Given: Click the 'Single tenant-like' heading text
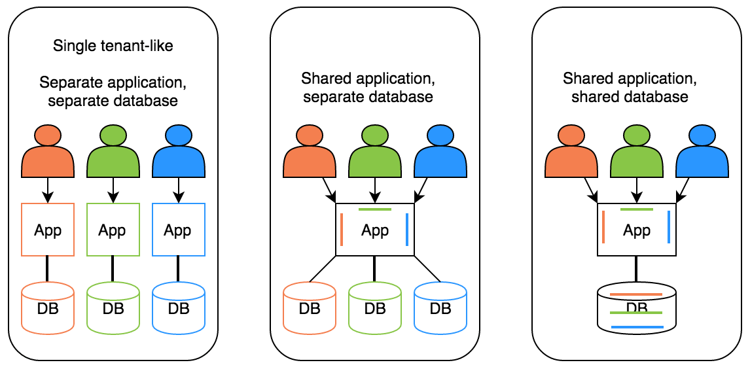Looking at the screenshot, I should [113, 46].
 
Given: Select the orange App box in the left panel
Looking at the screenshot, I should [48, 230].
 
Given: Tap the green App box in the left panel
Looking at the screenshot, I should [113, 230].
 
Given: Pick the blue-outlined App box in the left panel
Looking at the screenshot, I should [178, 230].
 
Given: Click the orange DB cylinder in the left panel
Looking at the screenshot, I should [48, 307].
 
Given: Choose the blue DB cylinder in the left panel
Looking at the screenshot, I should [178, 307].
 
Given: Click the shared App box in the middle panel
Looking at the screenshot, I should [375, 230].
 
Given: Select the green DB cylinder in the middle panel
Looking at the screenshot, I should [375, 307].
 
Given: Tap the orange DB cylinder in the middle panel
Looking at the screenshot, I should [310, 307].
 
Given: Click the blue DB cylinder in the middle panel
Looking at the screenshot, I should [440, 307].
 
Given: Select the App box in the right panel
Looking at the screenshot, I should [637, 230].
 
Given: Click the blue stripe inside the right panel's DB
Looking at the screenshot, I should [637, 326].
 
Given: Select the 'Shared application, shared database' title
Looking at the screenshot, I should [628, 88].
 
